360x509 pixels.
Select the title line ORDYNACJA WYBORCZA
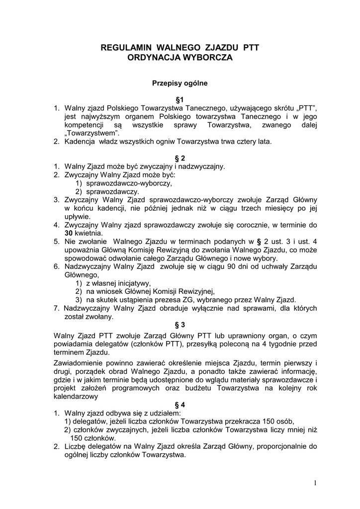(180, 58)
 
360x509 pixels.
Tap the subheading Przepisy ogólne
(180, 84)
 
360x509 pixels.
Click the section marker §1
(180, 99)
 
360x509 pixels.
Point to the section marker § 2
(180, 158)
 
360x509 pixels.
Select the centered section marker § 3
(180, 325)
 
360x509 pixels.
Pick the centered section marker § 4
(180, 405)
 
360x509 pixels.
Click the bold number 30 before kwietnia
(70, 233)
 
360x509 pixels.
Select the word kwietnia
(90, 233)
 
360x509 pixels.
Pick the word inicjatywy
(133, 283)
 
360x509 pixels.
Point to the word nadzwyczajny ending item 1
(201, 166)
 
